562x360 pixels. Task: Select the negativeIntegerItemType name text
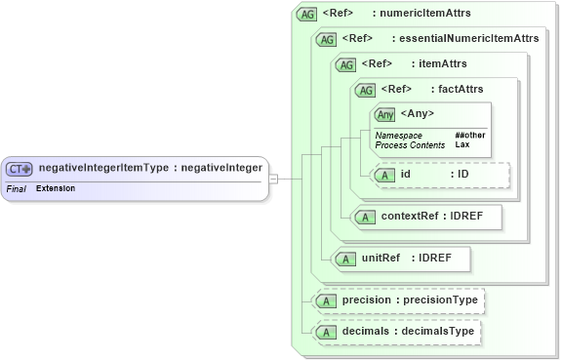pos(102,168)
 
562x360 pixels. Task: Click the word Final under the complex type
pos(16,187)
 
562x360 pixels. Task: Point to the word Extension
pos(56,187)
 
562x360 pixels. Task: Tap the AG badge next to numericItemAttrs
pos(307,15)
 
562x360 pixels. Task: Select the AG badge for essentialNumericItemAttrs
pos(326,39)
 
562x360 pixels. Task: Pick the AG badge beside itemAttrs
pos(344,64)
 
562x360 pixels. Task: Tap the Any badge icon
pos(385,114)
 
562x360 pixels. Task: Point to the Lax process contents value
pos(462,144)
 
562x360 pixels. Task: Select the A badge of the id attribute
pos(384,176)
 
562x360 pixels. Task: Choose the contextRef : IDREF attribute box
pos(427,217)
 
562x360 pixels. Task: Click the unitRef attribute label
pos(381,259)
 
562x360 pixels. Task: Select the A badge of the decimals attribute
pos(326,333)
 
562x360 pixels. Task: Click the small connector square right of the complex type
pos(274,179)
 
